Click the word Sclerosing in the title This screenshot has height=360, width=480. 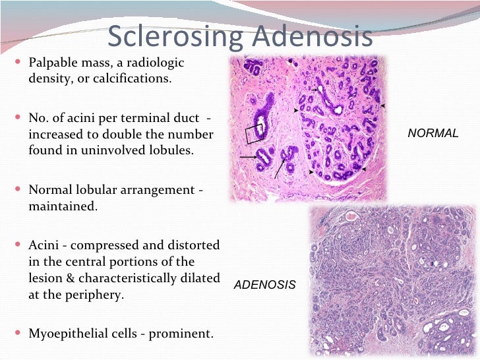[x=174, y=37]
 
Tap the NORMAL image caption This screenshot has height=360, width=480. [x=433, y=133]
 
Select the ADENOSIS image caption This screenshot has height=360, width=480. [x=265, y=285]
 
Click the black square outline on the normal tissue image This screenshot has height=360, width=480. [x=254, y=133]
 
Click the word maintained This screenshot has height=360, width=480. [x=62, y=206]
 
